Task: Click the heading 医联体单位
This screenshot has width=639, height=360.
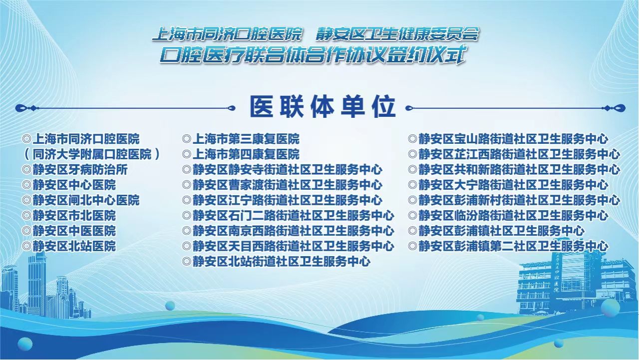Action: coord(322,107)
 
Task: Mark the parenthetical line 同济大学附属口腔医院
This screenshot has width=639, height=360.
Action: coord(92,154)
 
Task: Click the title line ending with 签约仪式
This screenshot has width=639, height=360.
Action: coord(313,54)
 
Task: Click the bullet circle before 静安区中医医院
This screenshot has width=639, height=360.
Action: coord(27,231)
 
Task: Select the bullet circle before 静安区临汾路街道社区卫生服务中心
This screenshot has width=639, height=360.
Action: coord(412,216)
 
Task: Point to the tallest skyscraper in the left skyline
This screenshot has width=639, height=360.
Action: coord(36,285)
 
